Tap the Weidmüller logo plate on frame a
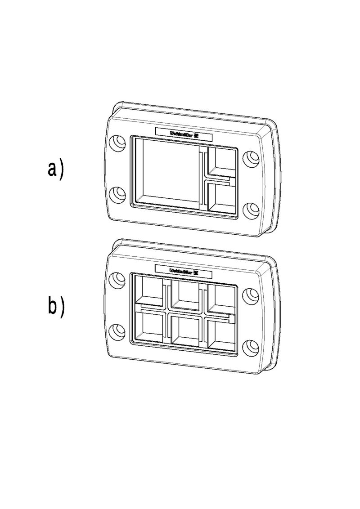184,133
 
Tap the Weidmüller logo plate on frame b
184,271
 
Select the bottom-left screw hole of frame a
118,194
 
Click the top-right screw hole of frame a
251,158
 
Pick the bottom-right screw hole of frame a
251,209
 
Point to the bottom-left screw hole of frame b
118,332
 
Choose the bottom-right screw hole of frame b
251,347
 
